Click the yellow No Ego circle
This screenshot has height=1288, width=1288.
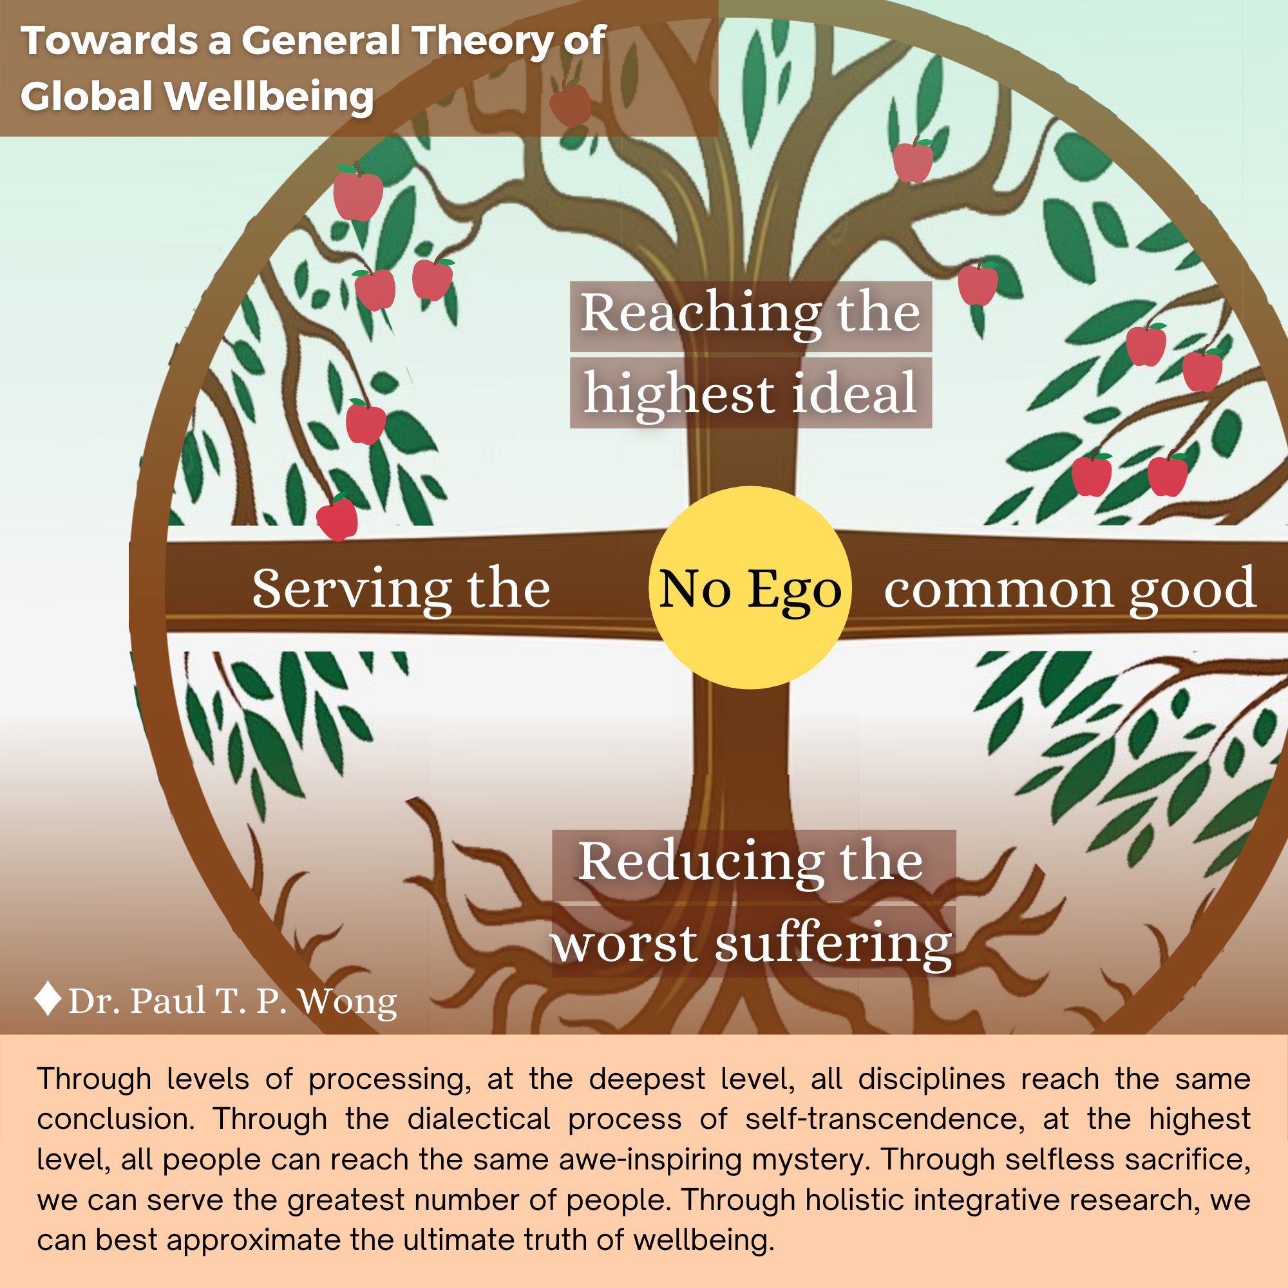[x=750, y=587]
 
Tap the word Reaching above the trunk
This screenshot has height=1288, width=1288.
[x=700, y=314]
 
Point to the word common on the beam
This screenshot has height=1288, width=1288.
[x=999, y=589]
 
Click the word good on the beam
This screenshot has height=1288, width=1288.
[x=1193, y=589]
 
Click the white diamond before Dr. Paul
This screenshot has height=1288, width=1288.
[x=48, y=999]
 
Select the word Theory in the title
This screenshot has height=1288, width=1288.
[x=481, y=41]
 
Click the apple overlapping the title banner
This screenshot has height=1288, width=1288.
[x=570, y=103]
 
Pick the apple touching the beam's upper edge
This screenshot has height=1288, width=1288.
[x=337, y=519]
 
